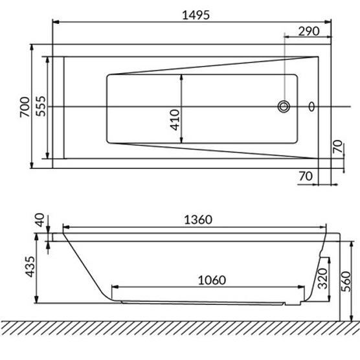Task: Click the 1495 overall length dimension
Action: pos(196,15)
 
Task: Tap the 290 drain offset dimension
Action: pos(309,31)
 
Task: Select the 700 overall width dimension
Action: pos(25,107)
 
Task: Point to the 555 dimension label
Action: pos(41,106)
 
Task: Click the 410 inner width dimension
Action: pos(175,120)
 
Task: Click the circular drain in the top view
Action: pos(284,107)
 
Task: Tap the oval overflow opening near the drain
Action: pos(311,107)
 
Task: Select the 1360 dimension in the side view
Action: pos(198,219)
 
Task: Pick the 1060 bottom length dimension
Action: pos(212,280)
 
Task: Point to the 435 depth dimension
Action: pos(30,267)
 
